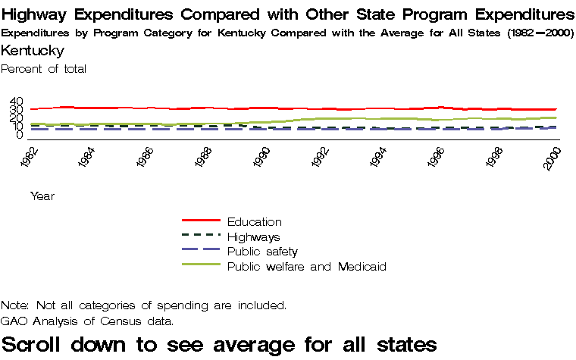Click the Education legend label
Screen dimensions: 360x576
pyautogui.click(x=254, y=222)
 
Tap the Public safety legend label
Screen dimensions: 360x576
pyautogui.click(x=262, y=251)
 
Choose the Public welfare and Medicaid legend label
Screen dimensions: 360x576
pyautogui.click(x=307, y=266)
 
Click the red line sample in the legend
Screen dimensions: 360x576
pyautogui.click(x=201, y=221)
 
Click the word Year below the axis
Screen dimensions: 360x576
pyautogui.click(x=42, y=196)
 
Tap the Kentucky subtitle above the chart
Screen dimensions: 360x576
pyautogui.click(x=33, y=51)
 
